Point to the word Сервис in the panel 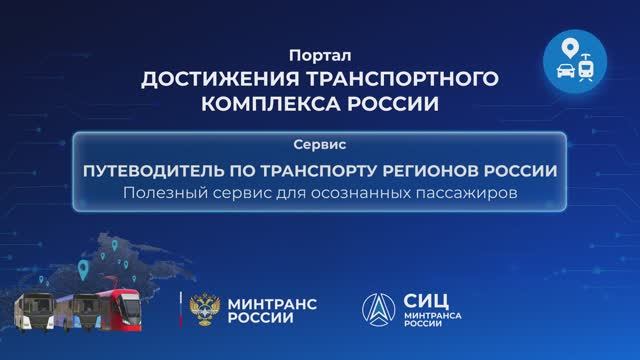tap(319, 145)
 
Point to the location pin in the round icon tap(567, 48)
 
